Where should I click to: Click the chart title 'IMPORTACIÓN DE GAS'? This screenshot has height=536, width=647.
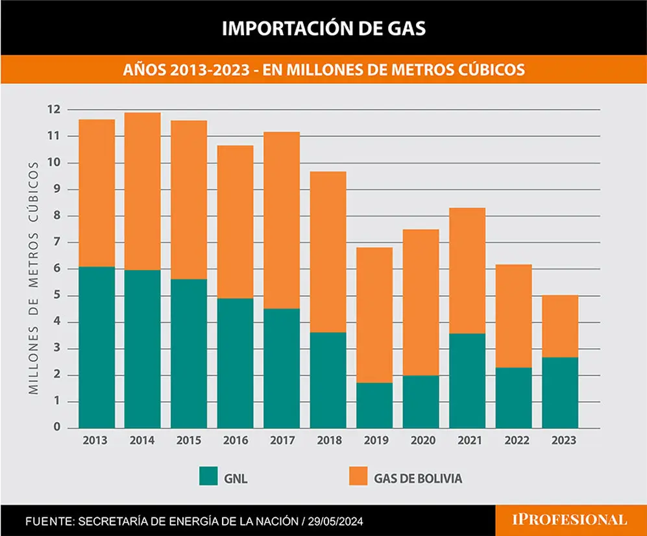[x=323, y=29]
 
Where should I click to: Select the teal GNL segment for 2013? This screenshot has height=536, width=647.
[x=97, y=348]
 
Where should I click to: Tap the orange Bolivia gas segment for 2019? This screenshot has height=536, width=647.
[x=374, y=315]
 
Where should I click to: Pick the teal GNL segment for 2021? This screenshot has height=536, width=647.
[x=467, y=381]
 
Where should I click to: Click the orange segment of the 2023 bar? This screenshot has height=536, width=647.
[x=560, y=327]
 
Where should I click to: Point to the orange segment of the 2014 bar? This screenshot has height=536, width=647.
[x=142, y=192]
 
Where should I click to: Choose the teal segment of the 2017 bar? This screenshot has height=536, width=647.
[x=282, y=368]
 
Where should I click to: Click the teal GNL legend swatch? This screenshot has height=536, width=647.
[x=208, y=476]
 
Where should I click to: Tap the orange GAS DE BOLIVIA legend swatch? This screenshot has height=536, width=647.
[x=358, y=476]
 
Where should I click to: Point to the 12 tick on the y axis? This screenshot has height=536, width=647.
[x=54, y=110]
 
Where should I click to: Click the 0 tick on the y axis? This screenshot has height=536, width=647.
[x=57, y=427]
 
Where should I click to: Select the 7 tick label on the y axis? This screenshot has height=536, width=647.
[x=57, y=242]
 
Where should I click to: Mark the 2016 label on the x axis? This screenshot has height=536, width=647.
[x=236, y=440]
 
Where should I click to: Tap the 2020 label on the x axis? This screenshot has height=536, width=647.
[x=423, y=440]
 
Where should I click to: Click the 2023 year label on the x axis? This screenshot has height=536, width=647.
[x=564, y=440]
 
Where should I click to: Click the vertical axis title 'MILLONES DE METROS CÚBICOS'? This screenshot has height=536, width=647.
[x=34, y=277]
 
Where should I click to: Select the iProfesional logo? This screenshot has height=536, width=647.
[x=569, y=520]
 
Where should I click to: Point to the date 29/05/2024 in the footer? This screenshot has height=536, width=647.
[x=336, y=522]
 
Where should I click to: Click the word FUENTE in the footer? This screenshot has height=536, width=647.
[x=49, y=522]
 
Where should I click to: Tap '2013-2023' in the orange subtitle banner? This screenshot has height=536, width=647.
[x=210, y=70]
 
